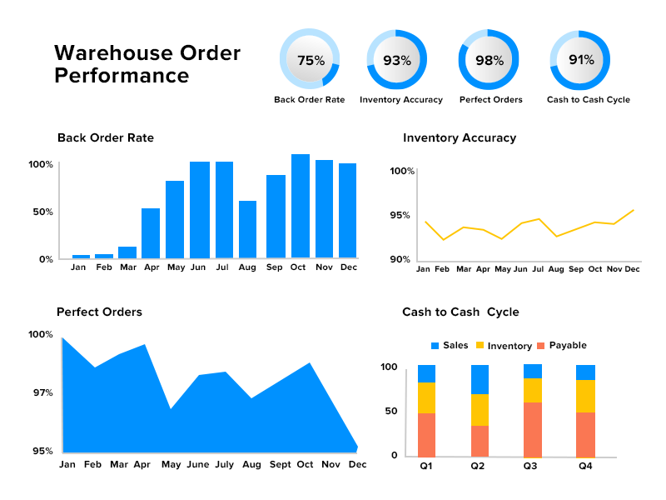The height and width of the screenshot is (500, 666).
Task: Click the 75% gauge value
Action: tap(311, 60)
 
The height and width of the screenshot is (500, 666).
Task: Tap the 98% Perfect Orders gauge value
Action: tap(490, 60)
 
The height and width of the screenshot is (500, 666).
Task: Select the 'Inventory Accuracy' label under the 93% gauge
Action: tap(401, 100)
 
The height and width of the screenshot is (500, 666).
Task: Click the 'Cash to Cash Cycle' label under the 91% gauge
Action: tap(589, 100)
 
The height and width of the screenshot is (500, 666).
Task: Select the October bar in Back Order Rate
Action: tap(301, 206)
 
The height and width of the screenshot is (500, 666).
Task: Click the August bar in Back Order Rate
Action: tap(247, 229)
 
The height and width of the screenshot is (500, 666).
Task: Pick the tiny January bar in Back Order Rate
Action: tap(81, 256)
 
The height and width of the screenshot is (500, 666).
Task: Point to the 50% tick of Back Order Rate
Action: tap(42, 212)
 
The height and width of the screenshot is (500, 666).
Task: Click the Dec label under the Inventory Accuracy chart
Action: tap(633, 269)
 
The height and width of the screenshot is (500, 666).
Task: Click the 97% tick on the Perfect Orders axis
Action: tap(42, 392)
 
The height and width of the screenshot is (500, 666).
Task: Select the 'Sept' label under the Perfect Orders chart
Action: tap(281, 465)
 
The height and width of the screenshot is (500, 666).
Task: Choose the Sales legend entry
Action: tap(450, 346)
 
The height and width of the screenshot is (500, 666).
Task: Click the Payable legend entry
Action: tap(562, 346)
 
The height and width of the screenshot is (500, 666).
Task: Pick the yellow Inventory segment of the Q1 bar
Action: tap(426, 397)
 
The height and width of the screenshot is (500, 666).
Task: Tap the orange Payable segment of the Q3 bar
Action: tap(533, 429)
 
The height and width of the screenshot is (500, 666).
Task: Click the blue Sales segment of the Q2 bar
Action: tap(480, 379)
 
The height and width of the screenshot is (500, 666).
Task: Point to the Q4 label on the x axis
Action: tap(585, 467)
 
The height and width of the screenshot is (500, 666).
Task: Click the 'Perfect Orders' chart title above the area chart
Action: tap(99, 312)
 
